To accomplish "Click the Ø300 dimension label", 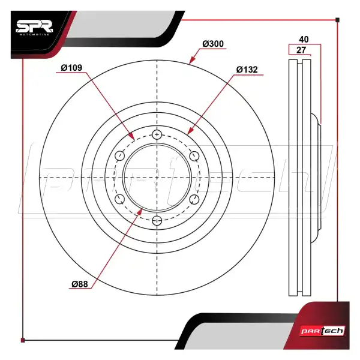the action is click(213, 44).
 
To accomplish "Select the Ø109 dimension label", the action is click(71, 68).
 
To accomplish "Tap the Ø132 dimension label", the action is click(247, 70).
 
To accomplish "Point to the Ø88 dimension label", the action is click(80, 284).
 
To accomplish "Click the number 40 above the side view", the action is click(304, 40).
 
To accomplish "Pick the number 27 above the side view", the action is click(301, 50).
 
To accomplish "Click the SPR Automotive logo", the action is click(34, 28).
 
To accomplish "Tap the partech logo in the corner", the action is click(322, 331).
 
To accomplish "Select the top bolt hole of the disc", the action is click(157, 134).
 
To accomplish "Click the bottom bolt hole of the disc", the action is click(157, 221).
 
